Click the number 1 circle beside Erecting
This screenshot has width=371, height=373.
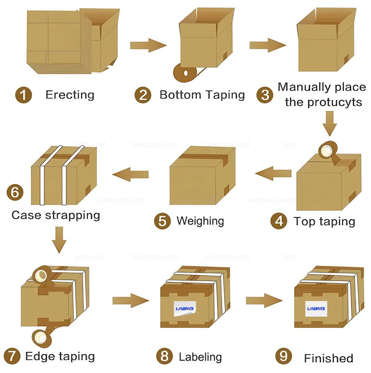tap(23, 95)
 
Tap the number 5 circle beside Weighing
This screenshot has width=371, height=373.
tap(162, 221)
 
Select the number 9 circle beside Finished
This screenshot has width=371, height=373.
tap(283, 357)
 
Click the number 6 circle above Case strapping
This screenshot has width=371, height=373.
tap(15, 192)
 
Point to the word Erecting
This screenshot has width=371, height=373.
tap(70, 95)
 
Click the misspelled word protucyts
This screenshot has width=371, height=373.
tap(323, 102)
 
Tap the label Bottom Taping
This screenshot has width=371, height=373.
tap(202, 95)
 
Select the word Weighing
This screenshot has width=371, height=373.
tap(200, 221)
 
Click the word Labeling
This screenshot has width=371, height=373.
tap(200, 357)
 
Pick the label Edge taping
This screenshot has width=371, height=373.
tap(60, 357)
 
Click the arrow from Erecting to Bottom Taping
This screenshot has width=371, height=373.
tap(148, 45)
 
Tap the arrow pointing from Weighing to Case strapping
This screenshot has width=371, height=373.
tap(130, 174)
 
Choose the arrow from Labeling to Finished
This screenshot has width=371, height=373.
tap(263, 300)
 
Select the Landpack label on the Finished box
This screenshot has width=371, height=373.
tap(316, 308)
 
